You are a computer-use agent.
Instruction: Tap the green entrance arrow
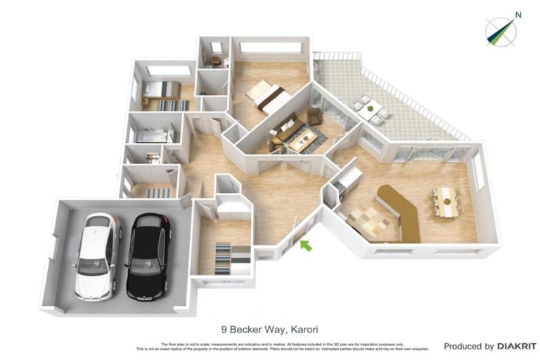click(305, 245)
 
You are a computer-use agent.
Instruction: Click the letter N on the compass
click(517, 14)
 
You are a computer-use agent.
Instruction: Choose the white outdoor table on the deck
click(371, 108)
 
